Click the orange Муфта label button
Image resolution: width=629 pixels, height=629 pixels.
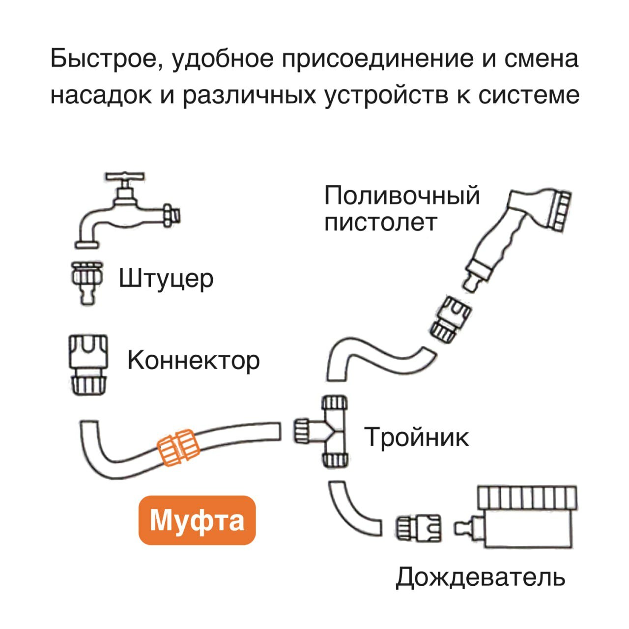coord(197,520)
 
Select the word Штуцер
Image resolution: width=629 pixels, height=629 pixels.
coord(166,279)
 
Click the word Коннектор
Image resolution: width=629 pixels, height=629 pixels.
coord(193,360)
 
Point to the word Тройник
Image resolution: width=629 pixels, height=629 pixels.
coord(416,437)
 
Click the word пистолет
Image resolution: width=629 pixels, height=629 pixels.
coord(380,223)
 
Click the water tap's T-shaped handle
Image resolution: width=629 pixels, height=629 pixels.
coord(125,176)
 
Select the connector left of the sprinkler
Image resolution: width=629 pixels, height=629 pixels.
coord(418,529)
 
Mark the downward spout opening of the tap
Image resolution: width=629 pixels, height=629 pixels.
coord(89,244)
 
